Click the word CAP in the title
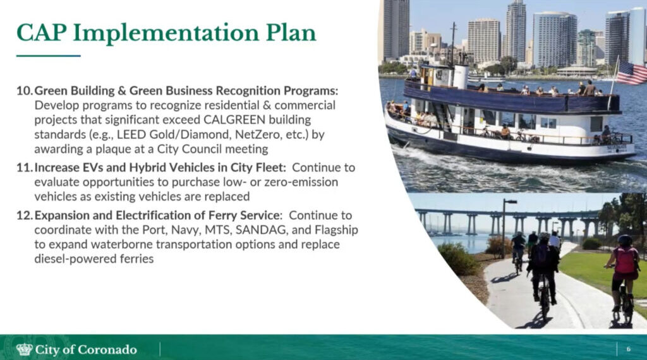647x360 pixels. tap(41, 33)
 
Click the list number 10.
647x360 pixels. tap(24, 91)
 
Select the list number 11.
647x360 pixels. tap(24, 168)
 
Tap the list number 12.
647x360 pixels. tap(24, 215)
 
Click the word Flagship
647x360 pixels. tap(336, 230)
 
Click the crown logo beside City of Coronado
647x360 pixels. tap(25, 350)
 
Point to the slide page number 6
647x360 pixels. tap(629, 349)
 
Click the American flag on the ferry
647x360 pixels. tap(632, 73)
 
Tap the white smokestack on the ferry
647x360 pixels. tap(461, 76)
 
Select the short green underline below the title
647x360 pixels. tap(48, 56)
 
